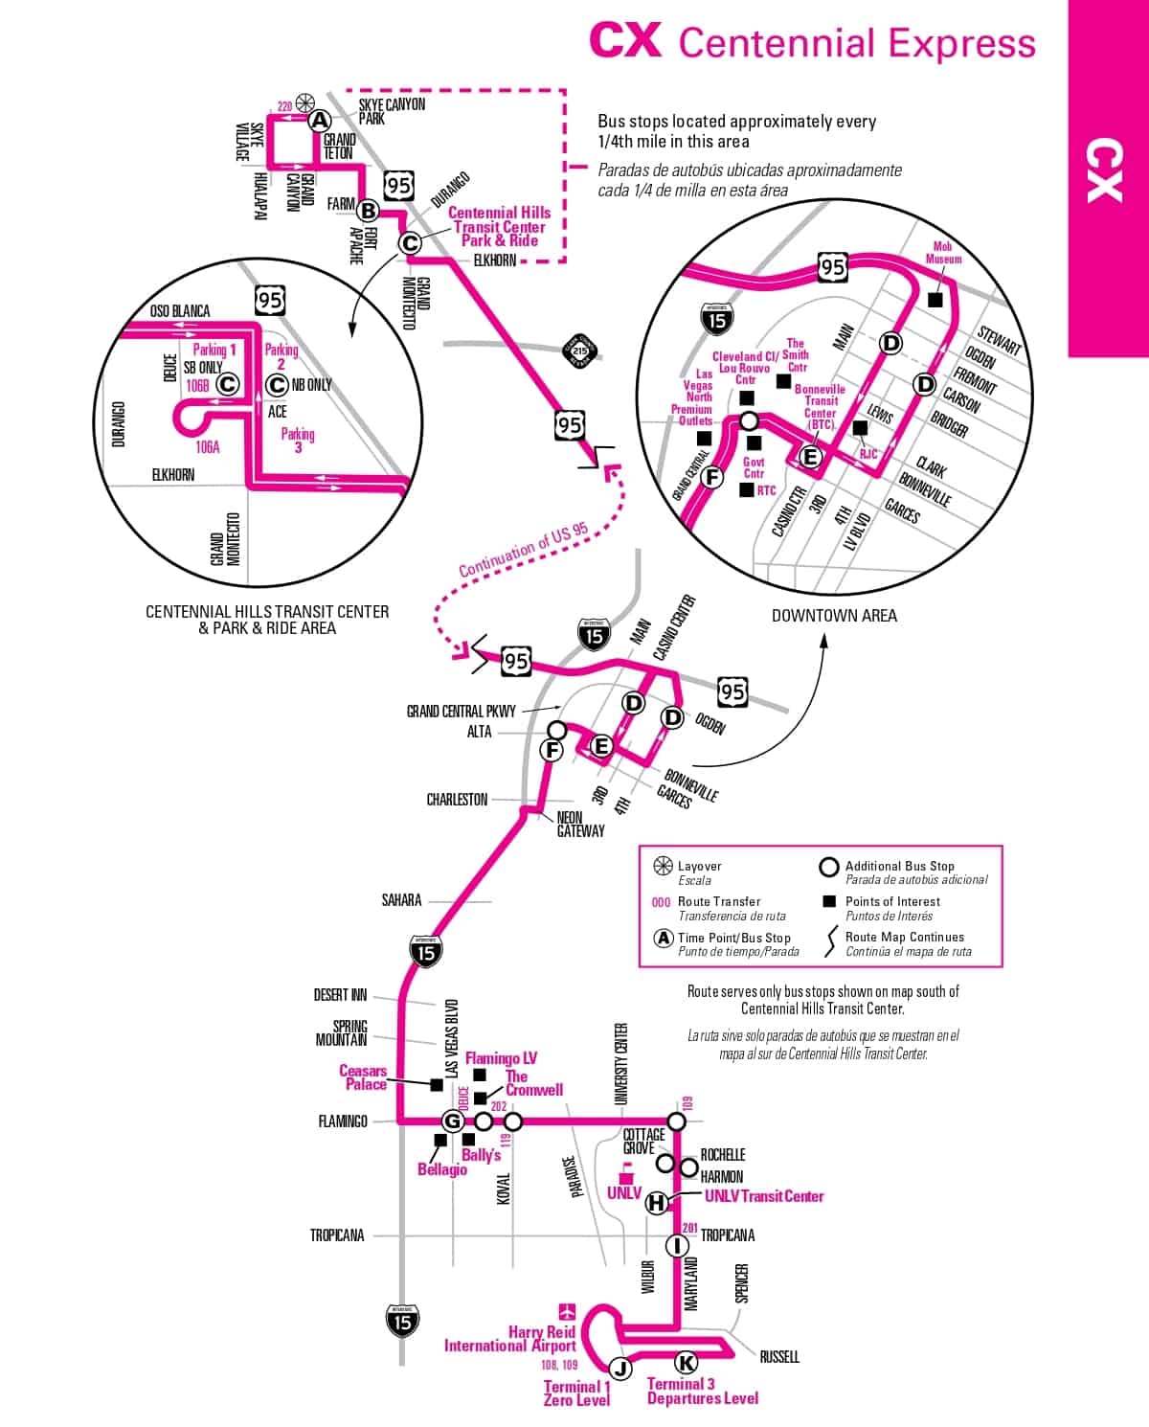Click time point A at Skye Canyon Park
(320, 121)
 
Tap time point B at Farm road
(368, 211)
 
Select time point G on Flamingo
(453, 1121)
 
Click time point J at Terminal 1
(620, 1369)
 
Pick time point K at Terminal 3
(686, 1363)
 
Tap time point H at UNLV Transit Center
(657, 1203)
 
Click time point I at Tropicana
(677, 1245)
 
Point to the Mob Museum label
(943, 253)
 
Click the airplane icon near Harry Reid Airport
(568, 1310)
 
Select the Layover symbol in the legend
(662, 866)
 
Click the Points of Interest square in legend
(829, 901)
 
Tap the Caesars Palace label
(364, 1077)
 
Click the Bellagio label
(441, 1169)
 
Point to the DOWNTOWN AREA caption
(834, 616)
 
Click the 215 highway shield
(579, 351)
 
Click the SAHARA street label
(401, 899)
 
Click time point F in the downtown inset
(710, 477)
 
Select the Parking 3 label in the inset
(298, 440)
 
